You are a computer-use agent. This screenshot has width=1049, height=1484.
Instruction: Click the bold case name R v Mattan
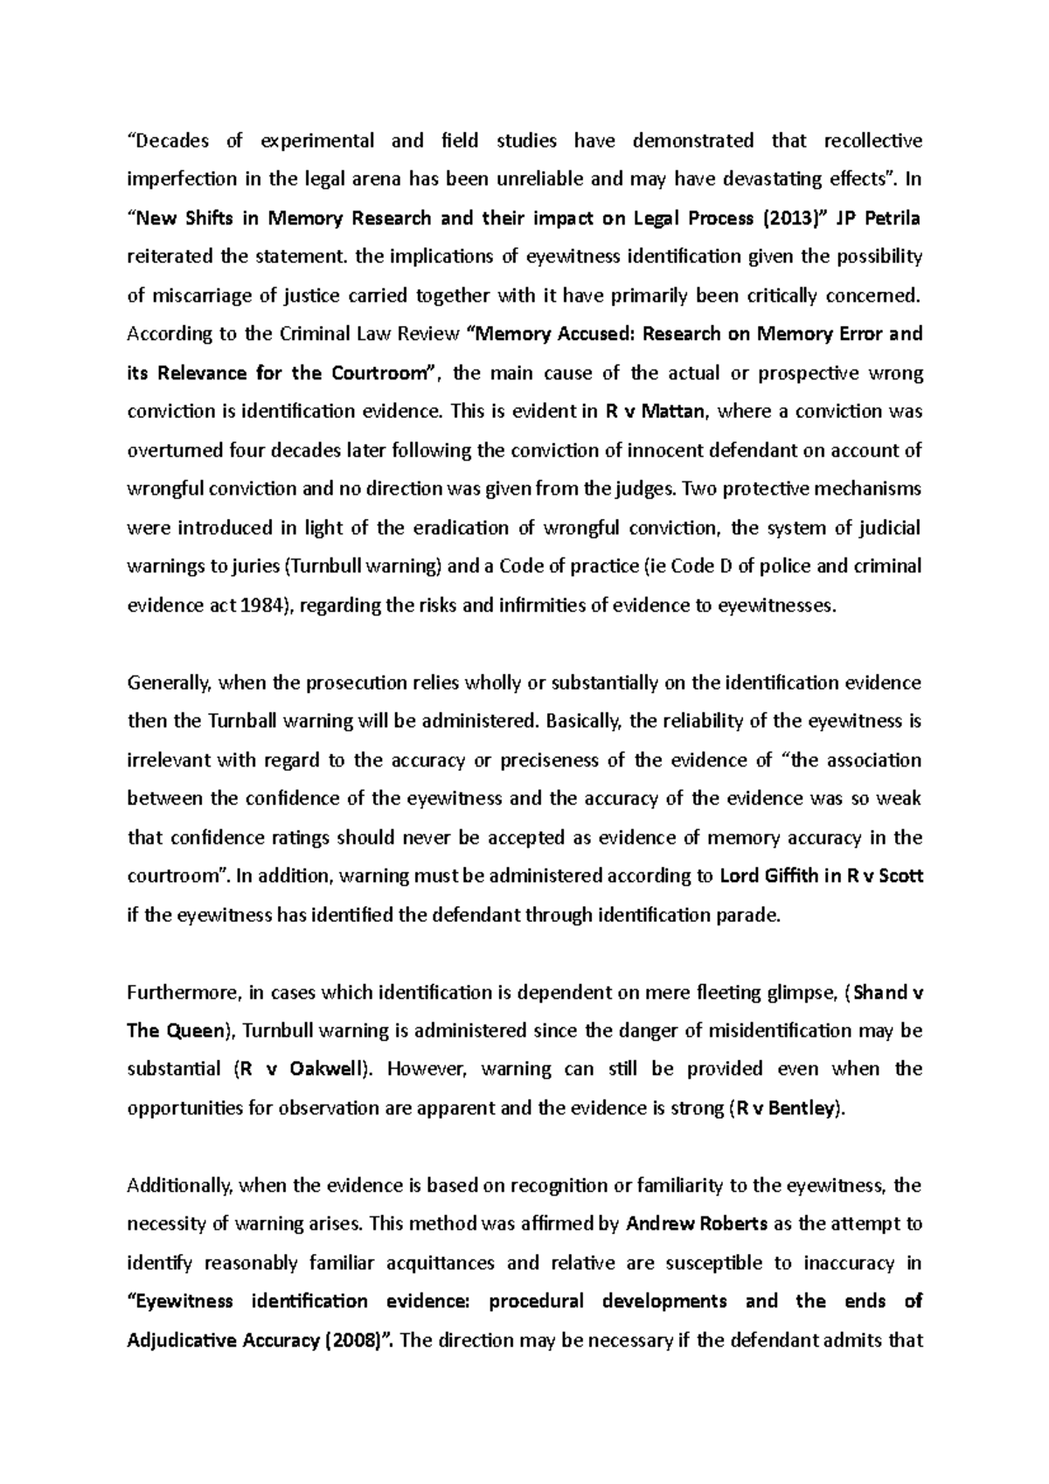(658, 412)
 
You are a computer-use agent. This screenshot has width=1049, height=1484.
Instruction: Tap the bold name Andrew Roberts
(697, 1224)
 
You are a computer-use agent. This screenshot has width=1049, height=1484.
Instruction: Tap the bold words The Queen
(176, 1030)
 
